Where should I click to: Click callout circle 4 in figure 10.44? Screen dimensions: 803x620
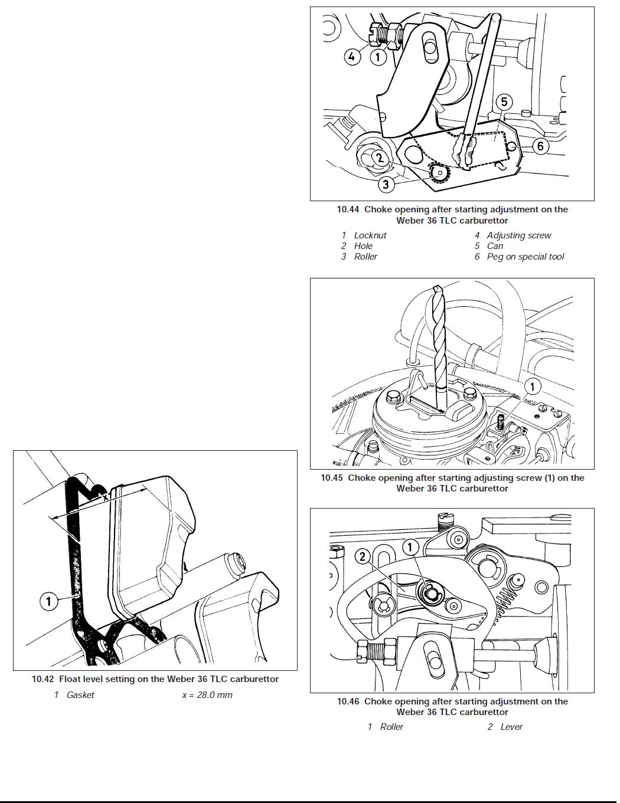(x=352, y=57)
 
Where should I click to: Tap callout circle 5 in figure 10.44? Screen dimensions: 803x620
(x=504, y=102)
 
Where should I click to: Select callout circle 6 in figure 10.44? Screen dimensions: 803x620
(x=540, y=146)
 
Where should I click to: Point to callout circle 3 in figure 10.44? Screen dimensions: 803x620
(x=386, y=184)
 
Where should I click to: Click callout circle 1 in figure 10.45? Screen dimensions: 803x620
(x=532, y=386)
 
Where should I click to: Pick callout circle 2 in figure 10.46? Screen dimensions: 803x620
(x=363, y=556)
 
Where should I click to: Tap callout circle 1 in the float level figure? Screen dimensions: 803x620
(x=48, y=601)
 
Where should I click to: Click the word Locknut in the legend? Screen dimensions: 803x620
(x=370, y=235)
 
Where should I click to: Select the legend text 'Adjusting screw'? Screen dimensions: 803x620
(x=518, y=235)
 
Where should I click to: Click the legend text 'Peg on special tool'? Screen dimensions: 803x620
(x=525, y=257)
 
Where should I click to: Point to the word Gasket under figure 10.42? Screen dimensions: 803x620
(x=80, y=695)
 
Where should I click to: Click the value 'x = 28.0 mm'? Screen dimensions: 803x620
(x=207, y=695)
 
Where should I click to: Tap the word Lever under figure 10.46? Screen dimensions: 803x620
(x=511, y=727)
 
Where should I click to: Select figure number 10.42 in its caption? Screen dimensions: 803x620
(x=43, y=679)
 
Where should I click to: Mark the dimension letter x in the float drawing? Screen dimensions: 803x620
(x=106, y=497)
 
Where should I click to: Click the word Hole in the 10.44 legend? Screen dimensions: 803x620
(x=363, y=246)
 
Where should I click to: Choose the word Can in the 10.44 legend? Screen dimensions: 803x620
(x=495, y=246)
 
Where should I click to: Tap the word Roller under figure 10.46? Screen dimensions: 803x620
(x=391, y=727)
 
